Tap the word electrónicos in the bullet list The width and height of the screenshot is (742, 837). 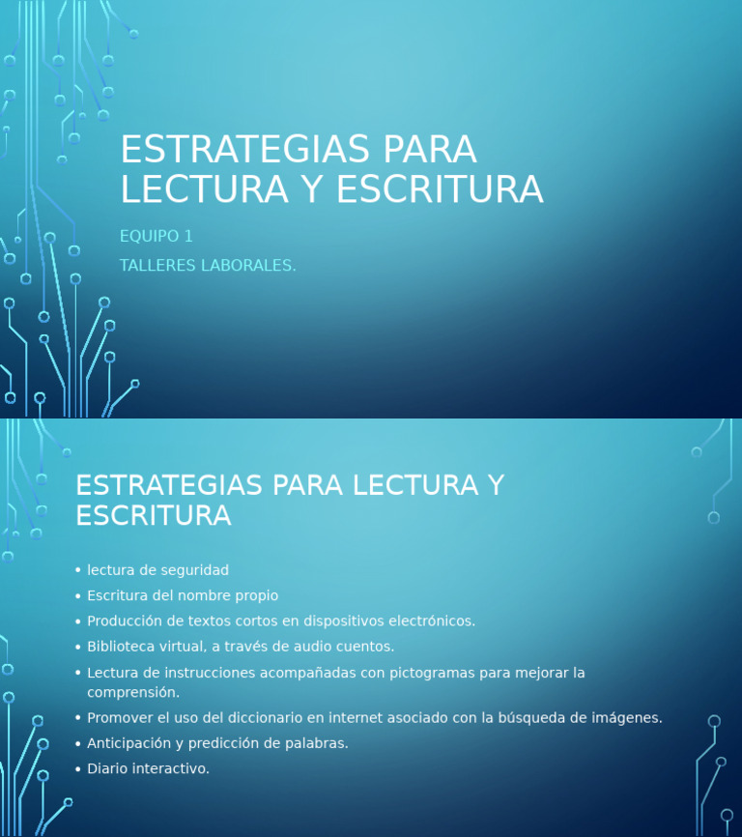pos(427,621)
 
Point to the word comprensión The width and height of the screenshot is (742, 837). pos(132,692)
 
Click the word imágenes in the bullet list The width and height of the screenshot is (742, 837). pos(625,717)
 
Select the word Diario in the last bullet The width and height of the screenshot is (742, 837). pos(107,768)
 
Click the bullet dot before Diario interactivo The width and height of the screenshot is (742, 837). pos(77,769)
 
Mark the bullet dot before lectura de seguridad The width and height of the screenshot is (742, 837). pos(77,571)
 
